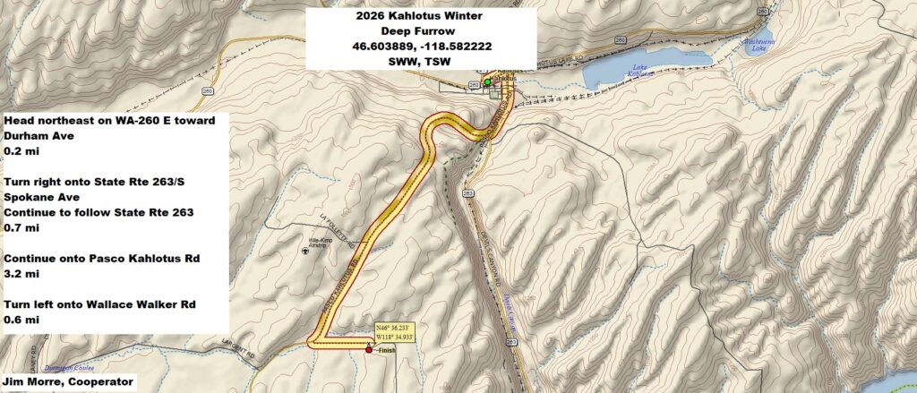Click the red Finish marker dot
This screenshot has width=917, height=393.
pos(369,350)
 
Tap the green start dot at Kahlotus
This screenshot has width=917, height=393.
pos(487,82)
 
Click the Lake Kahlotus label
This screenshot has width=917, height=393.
pos(638,71)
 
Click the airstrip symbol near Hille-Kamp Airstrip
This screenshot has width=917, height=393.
pos(307,251)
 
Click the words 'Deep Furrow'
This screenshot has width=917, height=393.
pos(421,31)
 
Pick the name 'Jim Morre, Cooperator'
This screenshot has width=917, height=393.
pos(69,382)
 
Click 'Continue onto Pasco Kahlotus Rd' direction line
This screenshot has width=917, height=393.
pos(103,259)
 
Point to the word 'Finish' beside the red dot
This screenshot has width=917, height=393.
pos(386,350)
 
